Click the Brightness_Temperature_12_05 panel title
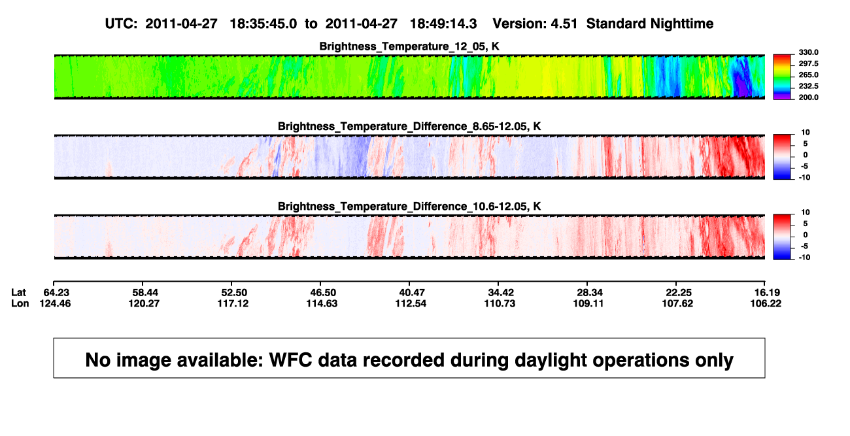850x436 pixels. [409, 46]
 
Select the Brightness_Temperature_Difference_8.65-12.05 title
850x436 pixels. [409, 126]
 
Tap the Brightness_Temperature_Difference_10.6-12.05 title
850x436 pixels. [409, 207]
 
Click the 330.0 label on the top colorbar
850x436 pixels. [808, 52]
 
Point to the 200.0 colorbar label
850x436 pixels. [808, 97]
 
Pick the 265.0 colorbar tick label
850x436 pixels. [808, 75]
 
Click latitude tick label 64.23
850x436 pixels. [56, 293]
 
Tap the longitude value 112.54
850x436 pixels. [411, 303]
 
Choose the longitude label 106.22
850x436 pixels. [766, 303]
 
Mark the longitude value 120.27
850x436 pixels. [144, 303]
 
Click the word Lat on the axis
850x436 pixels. [18, 293]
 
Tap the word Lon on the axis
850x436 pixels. [20, 303]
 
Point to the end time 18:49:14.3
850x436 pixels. [443, 24]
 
